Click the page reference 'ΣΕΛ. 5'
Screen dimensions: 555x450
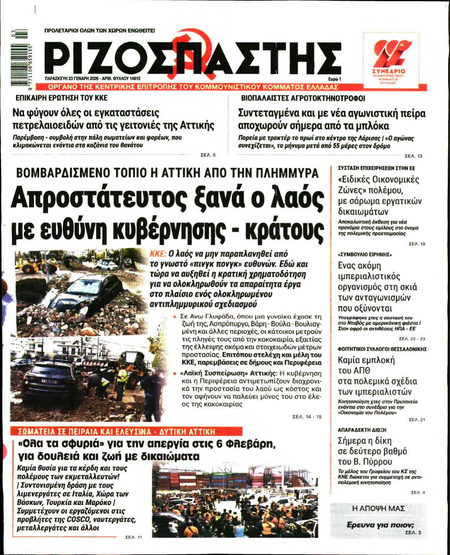point(208,155)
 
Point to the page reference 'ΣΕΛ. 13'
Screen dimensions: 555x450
point(413,156)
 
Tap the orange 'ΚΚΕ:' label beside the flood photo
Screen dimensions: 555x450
point(158,254)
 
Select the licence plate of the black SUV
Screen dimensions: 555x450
point(49,381)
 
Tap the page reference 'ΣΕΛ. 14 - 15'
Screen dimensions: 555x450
point(307,417)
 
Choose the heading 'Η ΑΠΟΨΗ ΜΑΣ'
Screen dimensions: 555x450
point(378,508)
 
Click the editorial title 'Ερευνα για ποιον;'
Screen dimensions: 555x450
point(380,525)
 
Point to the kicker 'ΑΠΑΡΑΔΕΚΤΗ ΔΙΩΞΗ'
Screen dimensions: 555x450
point(357,430)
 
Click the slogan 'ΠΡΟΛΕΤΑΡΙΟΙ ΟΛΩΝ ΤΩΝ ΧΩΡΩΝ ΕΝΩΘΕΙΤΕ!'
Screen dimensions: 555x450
point(100,30)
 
